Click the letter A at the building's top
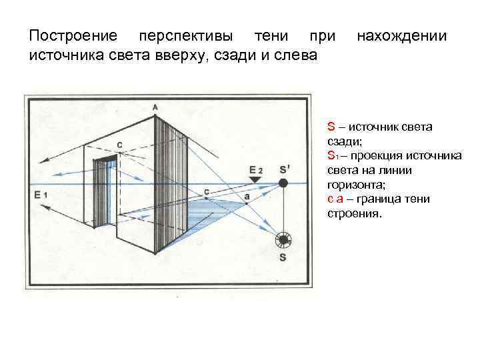[x=155, y=107]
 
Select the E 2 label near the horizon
[x=256, y=170]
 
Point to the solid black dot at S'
[x=283, y=183]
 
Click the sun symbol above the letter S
[x=283, y=240]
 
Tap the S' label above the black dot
[x=285, y=169]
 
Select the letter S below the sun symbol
[x=283, y=257]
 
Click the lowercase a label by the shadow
[x=247, y=197]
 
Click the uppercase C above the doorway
[x=119, y=145]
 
